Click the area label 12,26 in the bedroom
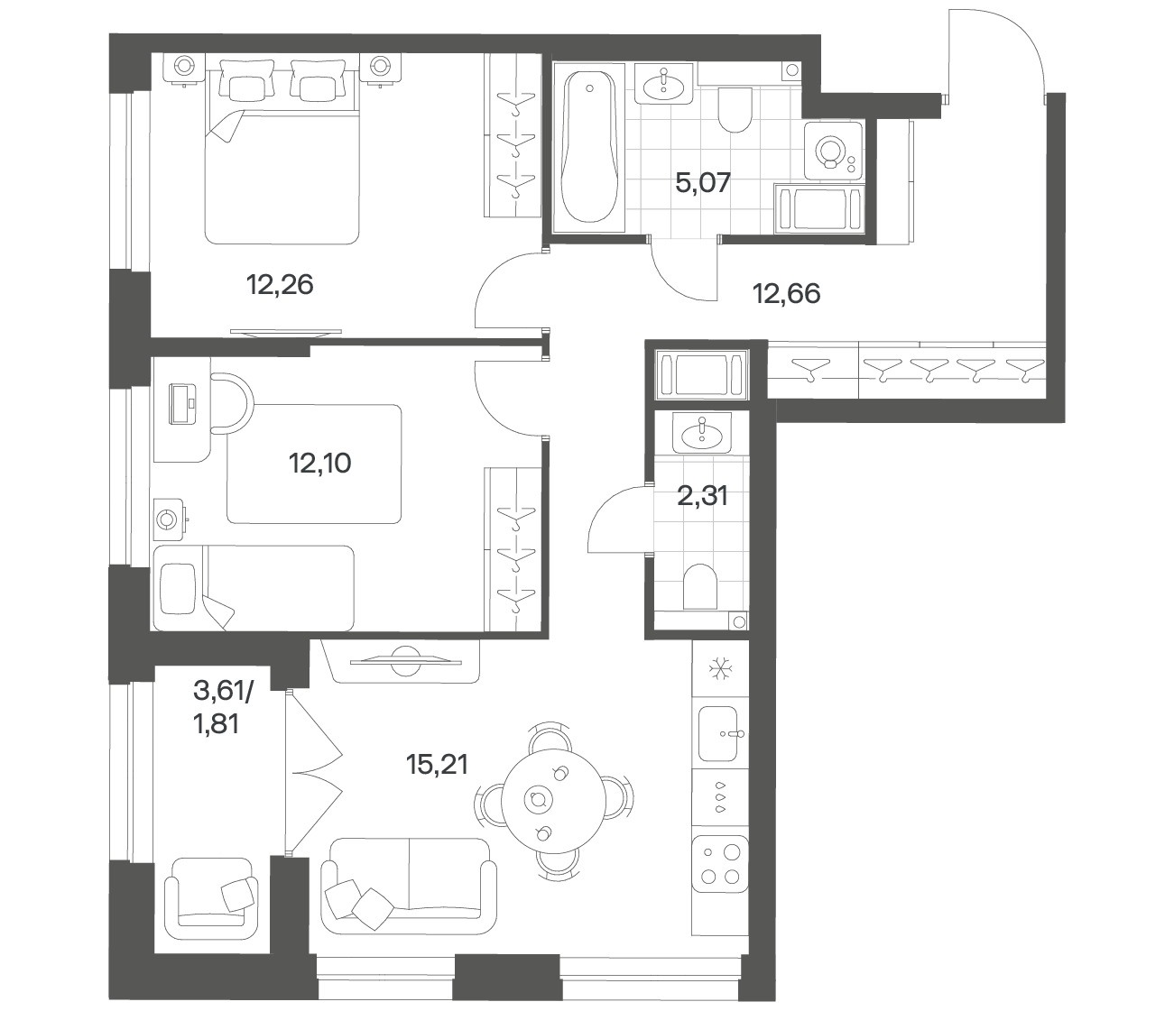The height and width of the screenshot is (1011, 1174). pos(280,284)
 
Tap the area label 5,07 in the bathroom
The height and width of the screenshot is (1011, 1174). pos(703,183)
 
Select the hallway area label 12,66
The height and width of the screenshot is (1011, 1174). pos(787,293)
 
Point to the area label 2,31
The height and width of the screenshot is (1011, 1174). pos(703,496)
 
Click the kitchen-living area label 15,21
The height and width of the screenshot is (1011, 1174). pos(438,765)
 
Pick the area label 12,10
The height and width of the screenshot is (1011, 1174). pos(320,464)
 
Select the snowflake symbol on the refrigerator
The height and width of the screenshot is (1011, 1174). pos(719,668)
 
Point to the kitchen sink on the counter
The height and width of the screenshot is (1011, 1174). pos(719,733)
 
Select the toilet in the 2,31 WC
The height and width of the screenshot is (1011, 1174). pos(699,586)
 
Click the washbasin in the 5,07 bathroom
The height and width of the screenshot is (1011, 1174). pos(664,85)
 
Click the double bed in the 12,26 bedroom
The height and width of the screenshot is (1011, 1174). pos(282,153)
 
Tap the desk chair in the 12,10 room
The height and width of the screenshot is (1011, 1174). pos(231,403)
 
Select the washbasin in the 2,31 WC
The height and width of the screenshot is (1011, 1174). pos(702,433)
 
